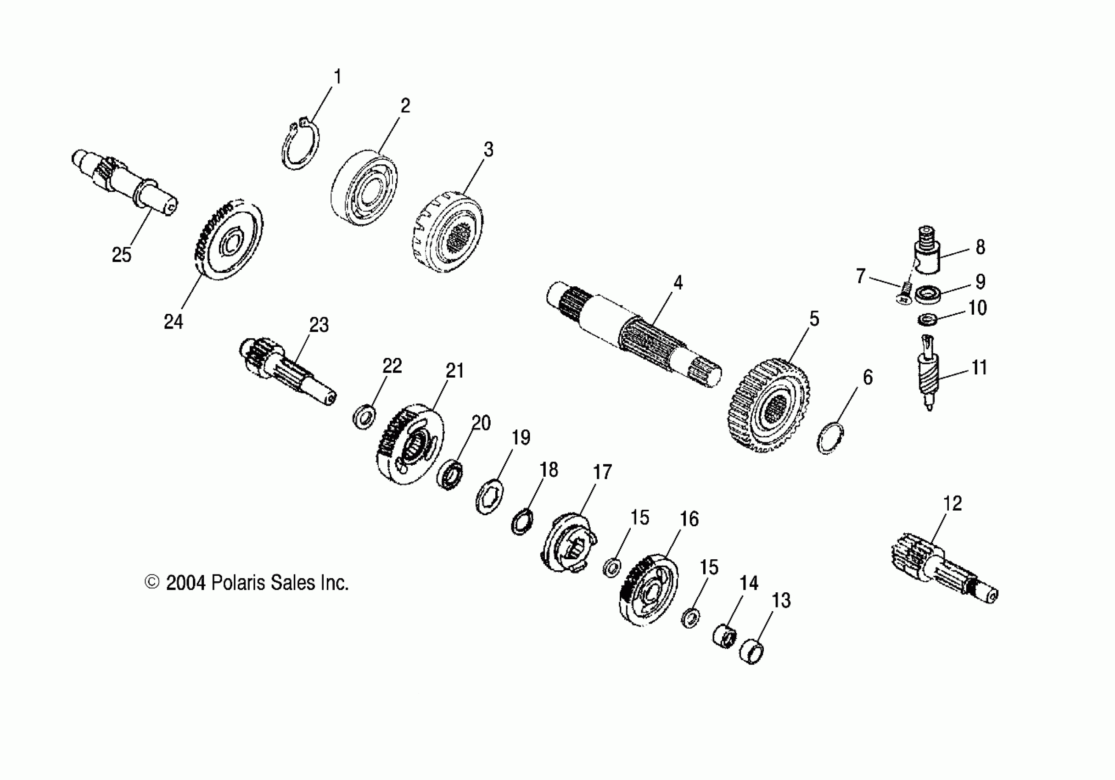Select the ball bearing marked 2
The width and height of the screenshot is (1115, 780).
364,187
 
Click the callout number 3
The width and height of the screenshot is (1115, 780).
488,150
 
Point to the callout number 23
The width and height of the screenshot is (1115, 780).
319,325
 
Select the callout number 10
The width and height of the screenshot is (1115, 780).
977,308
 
